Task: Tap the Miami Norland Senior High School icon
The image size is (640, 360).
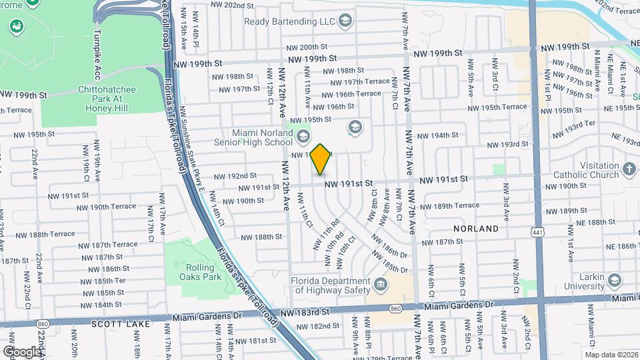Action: pos(303,137)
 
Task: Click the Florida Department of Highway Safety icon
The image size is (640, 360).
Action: pos(379,285)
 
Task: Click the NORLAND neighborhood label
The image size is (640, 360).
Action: pos(476,228)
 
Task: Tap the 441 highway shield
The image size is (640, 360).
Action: pos(537,232)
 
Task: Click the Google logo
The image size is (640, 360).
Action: pos(21,351)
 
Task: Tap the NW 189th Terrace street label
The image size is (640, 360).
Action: pos(453,205)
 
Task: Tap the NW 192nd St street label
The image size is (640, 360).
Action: pos(235,176)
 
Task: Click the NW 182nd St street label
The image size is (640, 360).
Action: pos(318,326)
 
